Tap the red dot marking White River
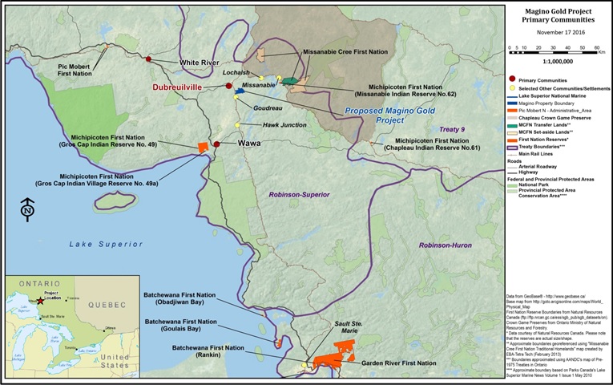pyautogui.click(x=149, y=59)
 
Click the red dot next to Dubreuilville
pyautogui.click(x=228, y=86)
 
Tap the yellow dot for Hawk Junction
pyautogui.click(x=238, y=125)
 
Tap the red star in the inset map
pyautogui.click(x=40, y=300)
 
